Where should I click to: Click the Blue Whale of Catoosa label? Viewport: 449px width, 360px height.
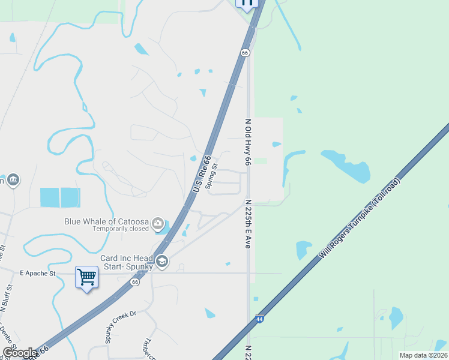pos(107,221)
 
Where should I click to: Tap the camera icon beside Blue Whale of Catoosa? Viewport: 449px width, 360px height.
pos(158,224)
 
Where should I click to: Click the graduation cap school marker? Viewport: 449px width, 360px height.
pos(161,261)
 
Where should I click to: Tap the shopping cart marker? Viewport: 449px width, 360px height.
pos(87,278)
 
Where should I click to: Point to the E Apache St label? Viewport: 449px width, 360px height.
pos(37,273)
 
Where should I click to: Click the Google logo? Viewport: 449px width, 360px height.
pos(20,353)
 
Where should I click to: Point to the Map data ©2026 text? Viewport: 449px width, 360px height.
pos(423,355)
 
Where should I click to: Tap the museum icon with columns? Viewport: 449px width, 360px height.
pos(13,180)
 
